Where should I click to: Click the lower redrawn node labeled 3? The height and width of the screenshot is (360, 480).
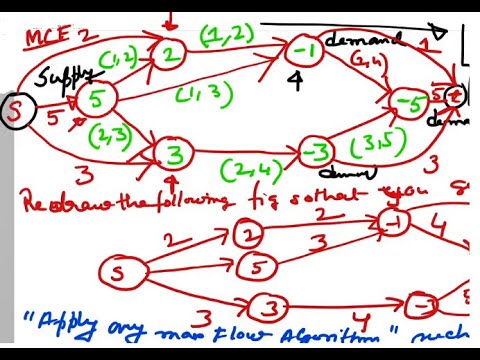[x=269, y=308]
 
